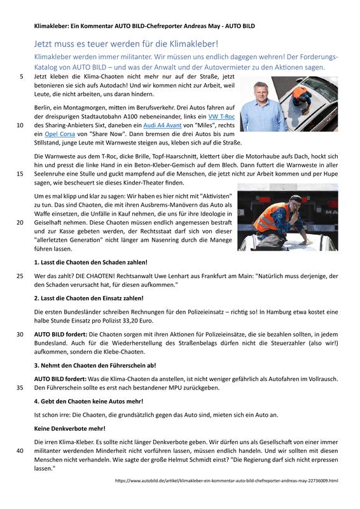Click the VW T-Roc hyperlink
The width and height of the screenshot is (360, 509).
221,116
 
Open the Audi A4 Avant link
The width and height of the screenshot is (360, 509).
162,125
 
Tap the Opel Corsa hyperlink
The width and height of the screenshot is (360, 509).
60,134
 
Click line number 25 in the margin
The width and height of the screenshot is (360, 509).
20,276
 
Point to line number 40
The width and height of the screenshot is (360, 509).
20,451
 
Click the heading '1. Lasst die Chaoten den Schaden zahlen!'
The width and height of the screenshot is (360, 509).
90,262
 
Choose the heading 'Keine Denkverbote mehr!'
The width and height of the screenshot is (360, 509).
70,428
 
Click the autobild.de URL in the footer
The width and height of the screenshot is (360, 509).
226,480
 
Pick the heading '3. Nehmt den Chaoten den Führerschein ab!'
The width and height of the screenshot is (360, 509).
95,365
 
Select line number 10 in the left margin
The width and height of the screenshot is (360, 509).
20,125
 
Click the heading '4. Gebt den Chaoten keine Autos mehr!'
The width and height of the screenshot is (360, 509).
88,401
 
